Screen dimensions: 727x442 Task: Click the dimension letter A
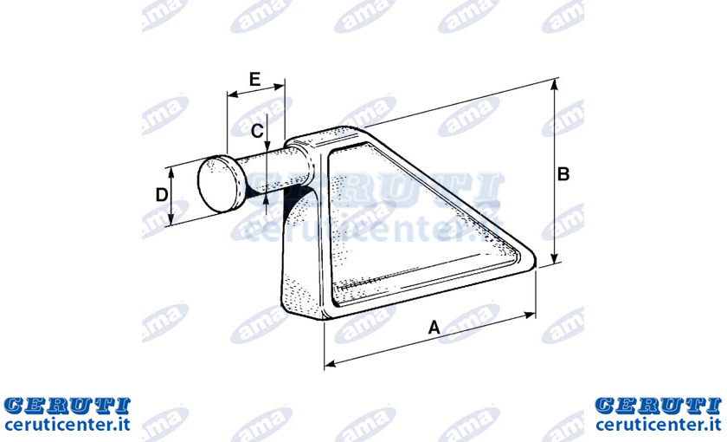(x=434, y=328)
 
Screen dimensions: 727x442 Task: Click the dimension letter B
(x=563, y=174)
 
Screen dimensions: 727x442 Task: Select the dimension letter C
(x=257, y=131)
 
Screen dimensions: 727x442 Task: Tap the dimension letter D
(x=161, y=194)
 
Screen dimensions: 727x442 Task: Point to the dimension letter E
(x=254, y=80)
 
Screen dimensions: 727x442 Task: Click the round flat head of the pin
(x=222, y=184)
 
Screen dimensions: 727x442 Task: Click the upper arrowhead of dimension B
(x=554, y=84)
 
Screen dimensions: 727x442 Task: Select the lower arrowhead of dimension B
(x=554, y=259)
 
